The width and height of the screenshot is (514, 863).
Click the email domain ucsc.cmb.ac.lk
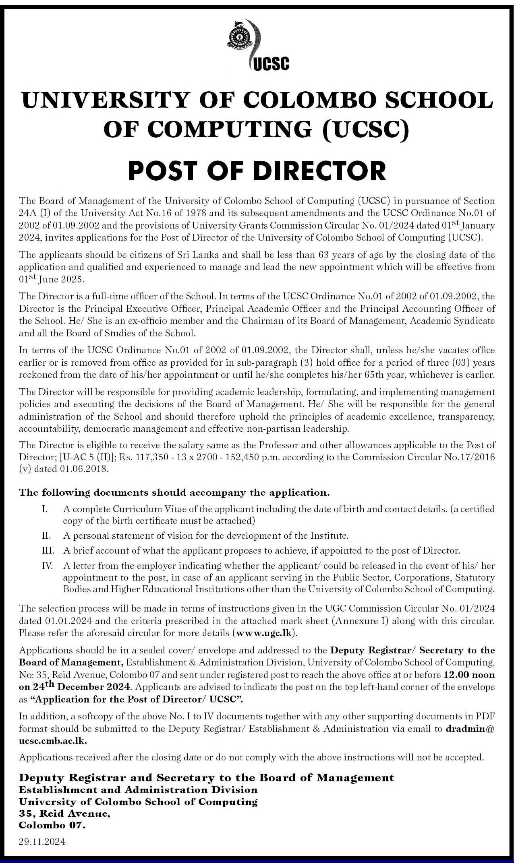(53, 740)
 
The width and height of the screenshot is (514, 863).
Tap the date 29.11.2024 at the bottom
(42, 841)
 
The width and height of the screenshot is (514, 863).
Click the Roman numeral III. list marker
(48, 550)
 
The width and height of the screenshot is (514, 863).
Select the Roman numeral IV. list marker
(48, 566)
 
